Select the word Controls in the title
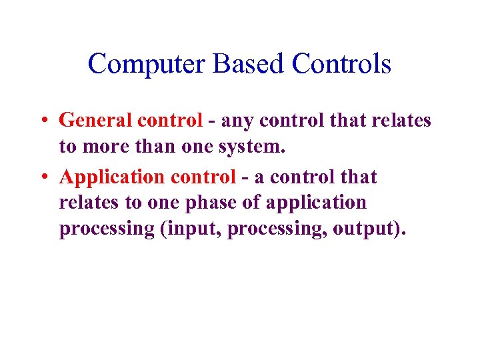coord(341,65)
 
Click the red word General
coord(95,121)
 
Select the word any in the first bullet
coord(234,121)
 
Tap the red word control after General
coord(169,121)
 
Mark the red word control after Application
coord(203,177)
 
